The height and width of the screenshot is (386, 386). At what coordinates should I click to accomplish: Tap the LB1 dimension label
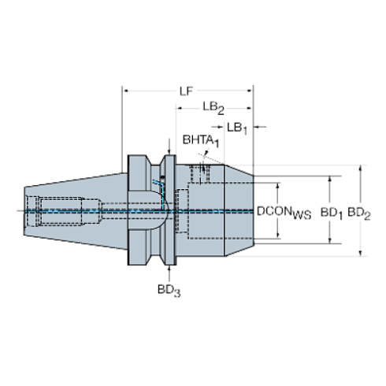(236, 125)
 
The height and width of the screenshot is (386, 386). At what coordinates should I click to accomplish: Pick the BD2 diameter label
(359, 211)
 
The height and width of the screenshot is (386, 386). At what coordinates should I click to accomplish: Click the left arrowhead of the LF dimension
(124, 90)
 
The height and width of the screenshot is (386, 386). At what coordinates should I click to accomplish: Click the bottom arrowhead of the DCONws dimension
(277, 236)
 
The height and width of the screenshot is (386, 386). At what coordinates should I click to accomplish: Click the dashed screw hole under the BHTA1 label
(202, 172)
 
